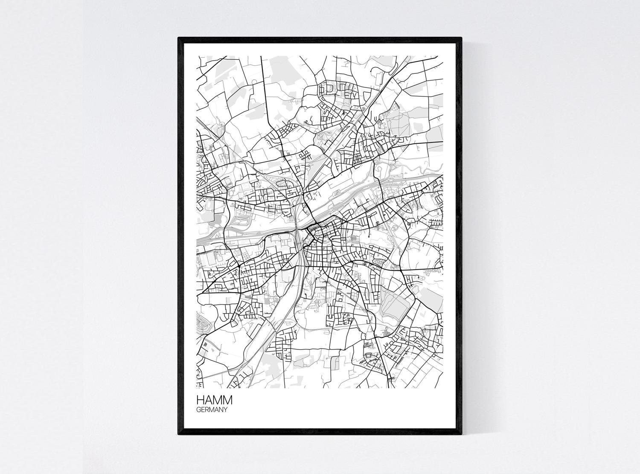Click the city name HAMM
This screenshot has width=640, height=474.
click(x=214, y=401)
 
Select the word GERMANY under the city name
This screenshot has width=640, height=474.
click(x=211, y=410)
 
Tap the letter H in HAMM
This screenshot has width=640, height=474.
click(x=200, y=401)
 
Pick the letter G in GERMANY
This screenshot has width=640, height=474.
click(x=198, y=410)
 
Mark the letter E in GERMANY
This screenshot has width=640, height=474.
click(x=203, y=410)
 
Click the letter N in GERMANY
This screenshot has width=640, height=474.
click(x=220, y=410)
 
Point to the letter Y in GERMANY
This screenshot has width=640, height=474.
click(x=224, y=410)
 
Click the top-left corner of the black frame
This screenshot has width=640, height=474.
click(x=179, y=38)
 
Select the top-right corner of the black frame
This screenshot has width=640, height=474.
click(x=462, y=38)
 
